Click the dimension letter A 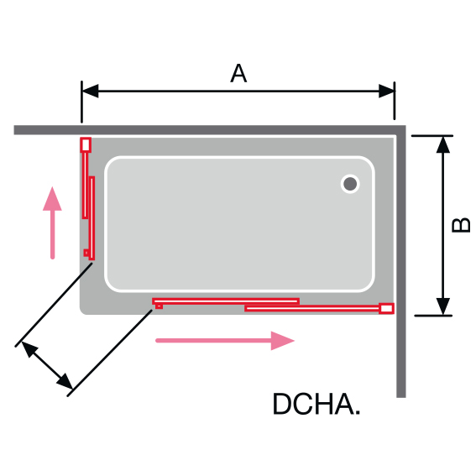click(x=238, y=73)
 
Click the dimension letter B click(x=461, y=225)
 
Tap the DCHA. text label click(x=316, y=404)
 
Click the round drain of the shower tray click(x=350, y=184)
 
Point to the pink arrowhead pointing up click(x=52, y=199)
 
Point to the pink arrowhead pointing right click(x=282, y=341)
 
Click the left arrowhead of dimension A click(x=90, y=91)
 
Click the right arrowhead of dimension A click(x=386, y=91)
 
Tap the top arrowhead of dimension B click(x=443, y=144)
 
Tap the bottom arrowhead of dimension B click(x=443, y=306)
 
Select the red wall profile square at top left click(x=86, y=144)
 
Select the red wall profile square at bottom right click(x=386, y=308)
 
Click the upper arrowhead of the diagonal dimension click(x=29, y=349)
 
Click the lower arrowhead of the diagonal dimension click(x=65, y=381)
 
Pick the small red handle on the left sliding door click(x=86, y=253)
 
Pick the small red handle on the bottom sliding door click(x=159, y=306)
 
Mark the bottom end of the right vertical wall click(x=401, y=397)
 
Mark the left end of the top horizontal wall click(x=14, y=129)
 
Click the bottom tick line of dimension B click(x=433, y=316)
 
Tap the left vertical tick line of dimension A click(x=81, y=102)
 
